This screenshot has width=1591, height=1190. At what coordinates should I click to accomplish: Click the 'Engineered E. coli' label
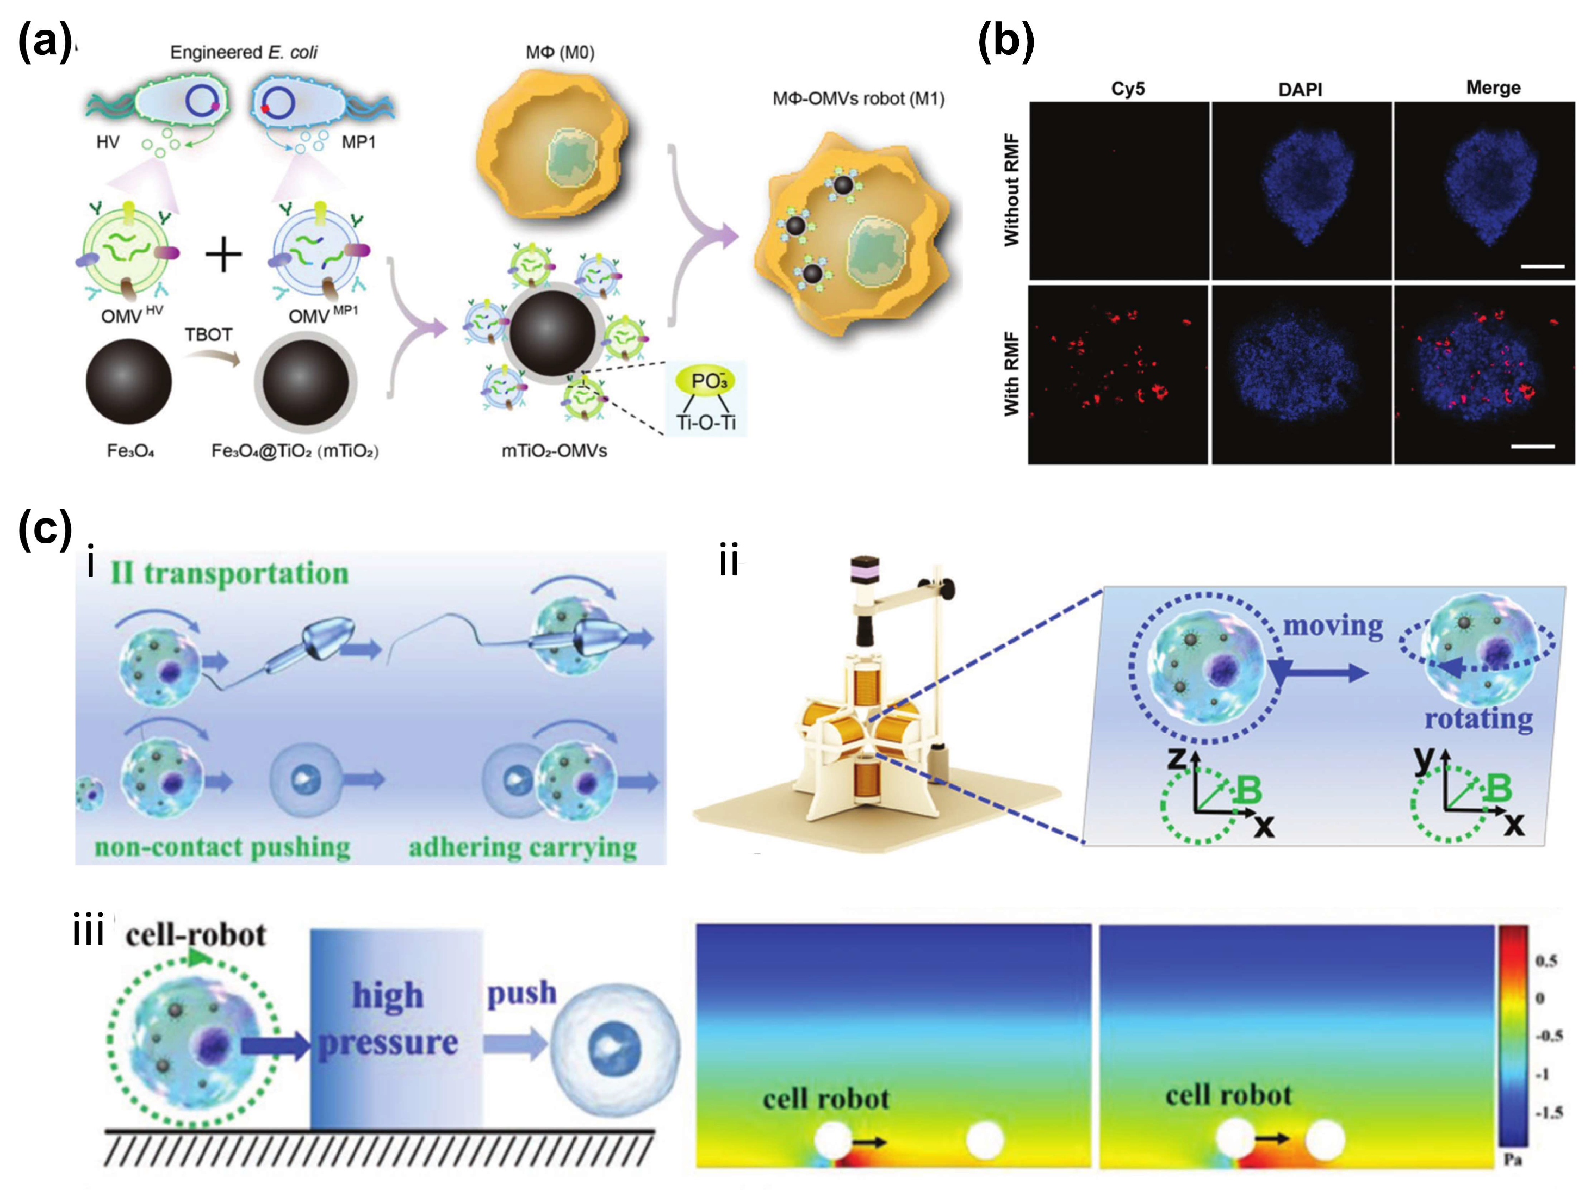(243, 53)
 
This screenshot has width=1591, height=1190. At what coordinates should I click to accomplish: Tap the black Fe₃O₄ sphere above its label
(129, 381)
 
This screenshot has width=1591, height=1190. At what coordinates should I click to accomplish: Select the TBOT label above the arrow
(209, 334)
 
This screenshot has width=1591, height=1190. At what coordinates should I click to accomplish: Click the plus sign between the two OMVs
(223, 256)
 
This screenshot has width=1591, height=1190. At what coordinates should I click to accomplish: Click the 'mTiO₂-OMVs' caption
(554, 451)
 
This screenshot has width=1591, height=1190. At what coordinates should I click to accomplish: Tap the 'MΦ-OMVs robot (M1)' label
(858, 98)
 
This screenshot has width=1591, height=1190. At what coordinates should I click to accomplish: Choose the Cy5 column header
(1127, 89)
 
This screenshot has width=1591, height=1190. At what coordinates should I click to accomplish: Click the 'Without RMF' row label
(1011, 190)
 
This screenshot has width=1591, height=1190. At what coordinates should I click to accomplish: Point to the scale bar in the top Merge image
(1542, 266)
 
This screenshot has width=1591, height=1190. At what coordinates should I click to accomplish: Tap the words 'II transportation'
(229, 573)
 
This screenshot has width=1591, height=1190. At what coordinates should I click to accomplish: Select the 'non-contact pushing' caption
(222, 847)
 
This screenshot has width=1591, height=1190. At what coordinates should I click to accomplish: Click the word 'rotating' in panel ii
(1478, 718)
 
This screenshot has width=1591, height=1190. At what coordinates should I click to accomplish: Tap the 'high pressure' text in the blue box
(388, 1018)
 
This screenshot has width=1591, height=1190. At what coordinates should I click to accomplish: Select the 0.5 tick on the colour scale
(1546, 960)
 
